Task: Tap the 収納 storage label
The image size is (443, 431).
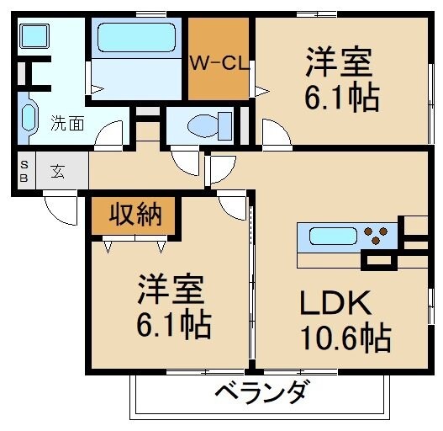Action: click(x=135, y=215)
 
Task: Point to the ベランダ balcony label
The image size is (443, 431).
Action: click(x=261, y=392)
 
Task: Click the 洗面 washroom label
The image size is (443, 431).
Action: click(x=66, y=123)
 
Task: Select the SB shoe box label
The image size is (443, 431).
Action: click(x=24, y=172)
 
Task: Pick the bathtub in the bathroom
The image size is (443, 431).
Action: click(x=134, y=38)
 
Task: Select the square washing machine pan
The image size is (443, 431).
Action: click(x=34, y=36)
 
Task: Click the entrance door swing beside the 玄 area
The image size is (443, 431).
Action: click(x=60, y=208)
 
